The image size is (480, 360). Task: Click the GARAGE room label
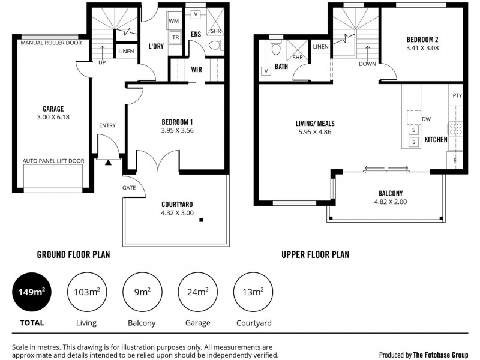(53, 109)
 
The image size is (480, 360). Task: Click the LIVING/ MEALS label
(315, 124)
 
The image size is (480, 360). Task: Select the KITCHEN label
(436, 139)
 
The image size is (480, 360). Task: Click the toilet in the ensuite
(215, 44)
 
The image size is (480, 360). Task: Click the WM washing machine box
(174, 21)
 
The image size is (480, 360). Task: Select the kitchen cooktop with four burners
(455, 128)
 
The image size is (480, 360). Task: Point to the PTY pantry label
(457, 95)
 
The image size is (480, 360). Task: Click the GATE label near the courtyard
(130, 188)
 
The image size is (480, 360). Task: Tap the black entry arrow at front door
(109, 161)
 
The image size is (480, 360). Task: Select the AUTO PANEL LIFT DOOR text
(53, 161)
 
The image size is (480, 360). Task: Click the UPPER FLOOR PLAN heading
(315, 254)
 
